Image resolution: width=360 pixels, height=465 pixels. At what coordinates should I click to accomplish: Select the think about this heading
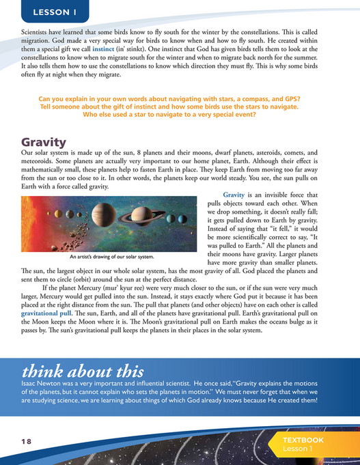click(83, 371)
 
